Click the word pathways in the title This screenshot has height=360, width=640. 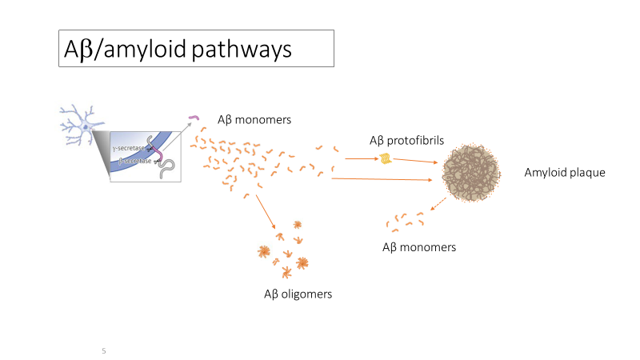point(241,50)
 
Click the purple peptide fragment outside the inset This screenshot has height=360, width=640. point(194,119)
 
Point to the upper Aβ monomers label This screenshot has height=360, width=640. point(254,120)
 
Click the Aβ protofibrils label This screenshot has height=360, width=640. point(406,141)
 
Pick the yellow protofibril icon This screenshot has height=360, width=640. point(386,158)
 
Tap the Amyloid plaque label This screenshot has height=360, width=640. point(565,173)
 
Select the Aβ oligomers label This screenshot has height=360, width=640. point(298,294)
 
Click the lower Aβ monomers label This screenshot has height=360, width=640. point(419,247)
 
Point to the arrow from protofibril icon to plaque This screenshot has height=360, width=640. point(417,162)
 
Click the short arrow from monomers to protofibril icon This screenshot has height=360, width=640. point(361,158)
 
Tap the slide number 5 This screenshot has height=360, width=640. point(104,350)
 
